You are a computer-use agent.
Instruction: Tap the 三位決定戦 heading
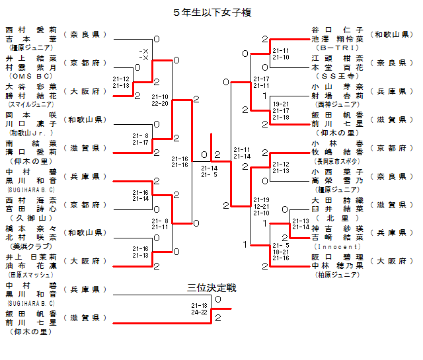(x=211, y=288)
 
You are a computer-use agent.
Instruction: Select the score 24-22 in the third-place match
(x=199, y=312)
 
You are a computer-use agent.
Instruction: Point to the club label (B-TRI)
(x=336, y=48)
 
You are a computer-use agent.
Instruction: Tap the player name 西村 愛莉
(x=31, y=30)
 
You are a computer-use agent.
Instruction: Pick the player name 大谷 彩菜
(x=31, y=87)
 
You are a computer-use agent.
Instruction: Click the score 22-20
(x=160, y=103)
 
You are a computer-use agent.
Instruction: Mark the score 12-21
(x=261, y=206)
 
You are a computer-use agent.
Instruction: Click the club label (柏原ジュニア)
(x=336, y=275)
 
